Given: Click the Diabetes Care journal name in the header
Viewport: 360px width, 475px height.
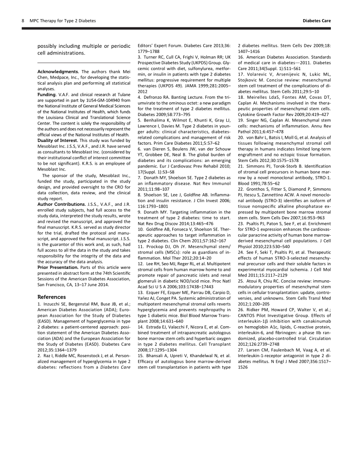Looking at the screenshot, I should [x=316, y=21].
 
